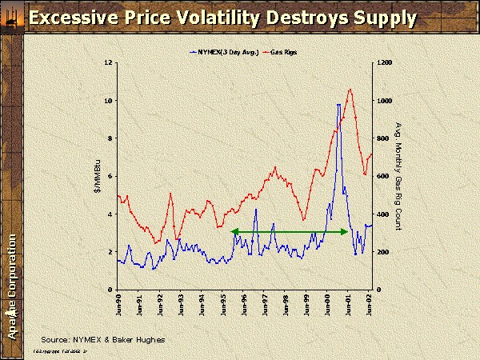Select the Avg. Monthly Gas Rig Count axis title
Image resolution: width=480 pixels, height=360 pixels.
click(x=398, y=176)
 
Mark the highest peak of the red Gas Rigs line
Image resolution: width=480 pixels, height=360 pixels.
click(x=350, y=89)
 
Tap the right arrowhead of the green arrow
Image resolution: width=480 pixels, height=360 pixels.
click(x=346, y=232)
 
